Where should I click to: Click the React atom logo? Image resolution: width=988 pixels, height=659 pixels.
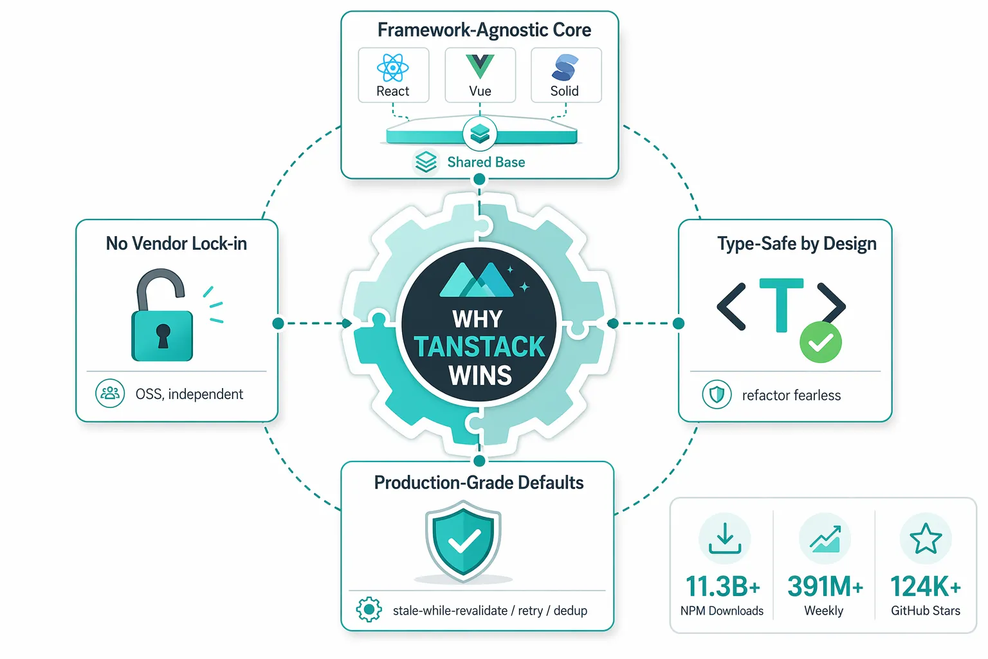[x=392, y=68]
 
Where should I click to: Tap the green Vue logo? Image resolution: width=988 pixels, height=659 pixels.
[x=480, y=66]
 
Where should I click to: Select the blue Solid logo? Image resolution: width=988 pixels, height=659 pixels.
[x=565, y=67]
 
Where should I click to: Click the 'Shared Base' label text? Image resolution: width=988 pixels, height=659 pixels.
[x=486, y=162]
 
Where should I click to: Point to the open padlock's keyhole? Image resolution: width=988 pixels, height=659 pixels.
[x=163, y=336]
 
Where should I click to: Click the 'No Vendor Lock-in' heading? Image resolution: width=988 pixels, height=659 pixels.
[x=176, y=243]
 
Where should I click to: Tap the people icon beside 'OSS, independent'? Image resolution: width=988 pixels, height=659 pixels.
[x=110, y=393]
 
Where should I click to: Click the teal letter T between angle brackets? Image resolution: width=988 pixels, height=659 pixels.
[x=781, y=304]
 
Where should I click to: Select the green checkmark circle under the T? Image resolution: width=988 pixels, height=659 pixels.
[x=820, y=342]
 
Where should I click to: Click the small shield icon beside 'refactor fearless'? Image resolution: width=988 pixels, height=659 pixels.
[x=717, y=394]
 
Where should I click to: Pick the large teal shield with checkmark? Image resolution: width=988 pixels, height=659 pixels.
[x=463, y=541]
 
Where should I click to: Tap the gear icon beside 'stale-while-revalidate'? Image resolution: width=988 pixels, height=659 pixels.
[x=369, y=609]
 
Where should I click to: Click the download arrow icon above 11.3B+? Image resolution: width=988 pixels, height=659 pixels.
[x=725, y=538]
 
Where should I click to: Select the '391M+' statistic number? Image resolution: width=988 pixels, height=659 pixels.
[x=825, y=586]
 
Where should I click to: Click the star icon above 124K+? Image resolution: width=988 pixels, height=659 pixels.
[x=926, y=538]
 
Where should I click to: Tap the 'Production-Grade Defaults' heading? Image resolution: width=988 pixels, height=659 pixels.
[x=479, y=483]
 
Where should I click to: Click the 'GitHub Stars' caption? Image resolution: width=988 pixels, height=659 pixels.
[x=926, y=611]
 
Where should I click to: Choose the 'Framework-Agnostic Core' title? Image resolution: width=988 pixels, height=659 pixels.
[x=484, y=30]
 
